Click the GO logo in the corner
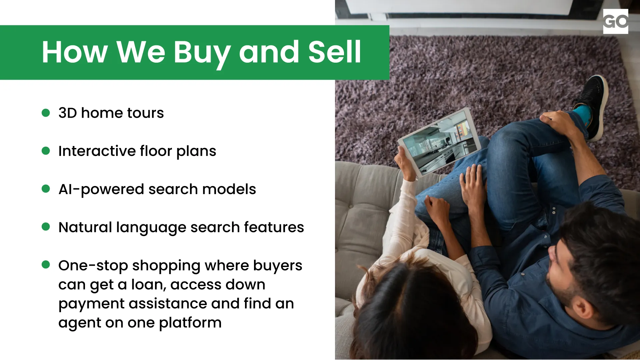(x=615, y=21)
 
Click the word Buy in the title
(x=202, y=53)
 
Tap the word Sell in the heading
(x=334, y=52)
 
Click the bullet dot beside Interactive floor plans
(x=46, y=151)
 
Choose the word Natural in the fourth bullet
(x=85, y=227)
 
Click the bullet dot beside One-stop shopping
(x=46, y=265)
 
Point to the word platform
(x=190, y=323)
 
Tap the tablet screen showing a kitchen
(x=440, y=142)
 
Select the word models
(x=229, y=189)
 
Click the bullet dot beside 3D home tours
(x=46, y=113)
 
